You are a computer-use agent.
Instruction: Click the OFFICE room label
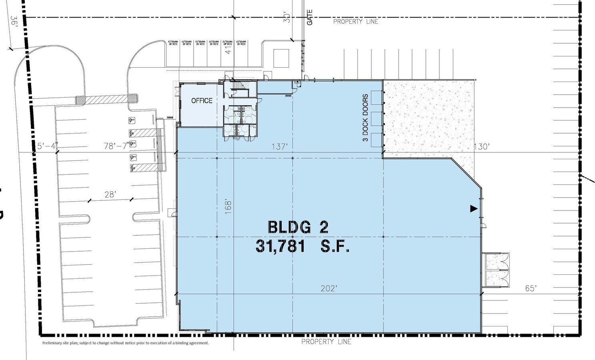click(x=202, y=101)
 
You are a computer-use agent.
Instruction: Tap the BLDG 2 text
click(x=298, y=227)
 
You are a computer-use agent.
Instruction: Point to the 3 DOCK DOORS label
click(x=365, y=118)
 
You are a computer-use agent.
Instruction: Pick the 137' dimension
click(x=279, y=147)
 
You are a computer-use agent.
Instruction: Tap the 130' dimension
click(x=482, y=147)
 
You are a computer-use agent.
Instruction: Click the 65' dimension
click(x=531, y=288)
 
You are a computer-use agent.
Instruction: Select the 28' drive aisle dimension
click(x=110, y=194)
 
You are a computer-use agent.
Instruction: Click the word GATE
click(x=309, y=18)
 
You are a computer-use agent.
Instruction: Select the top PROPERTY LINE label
click(x=356, y=22)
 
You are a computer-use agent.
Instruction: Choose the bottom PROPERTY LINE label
click(x=326, y=342)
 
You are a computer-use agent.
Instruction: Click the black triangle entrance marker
click(x=474, y=208)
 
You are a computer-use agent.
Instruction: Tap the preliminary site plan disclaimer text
click(x=126, y=343)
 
